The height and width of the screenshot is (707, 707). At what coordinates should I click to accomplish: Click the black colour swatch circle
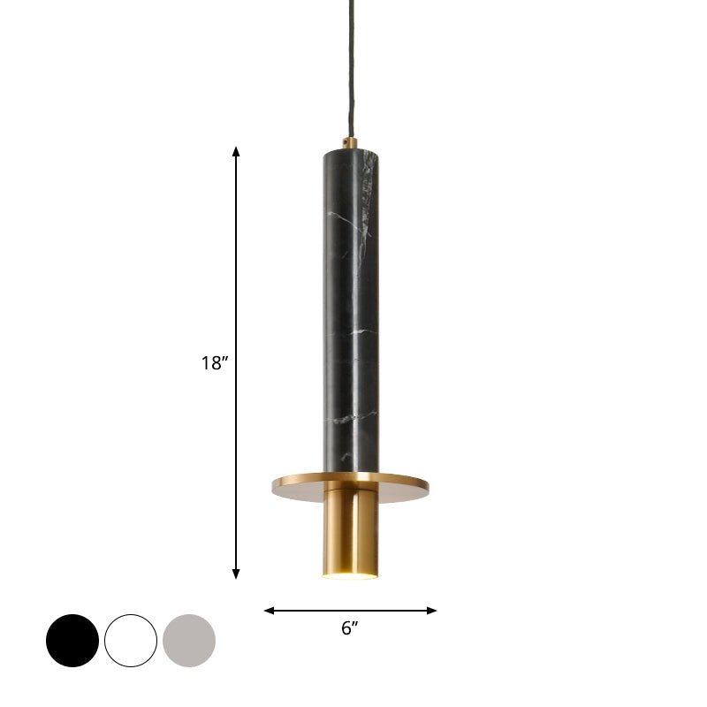coord(72,641)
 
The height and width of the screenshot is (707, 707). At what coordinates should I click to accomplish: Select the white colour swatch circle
coord(131,641)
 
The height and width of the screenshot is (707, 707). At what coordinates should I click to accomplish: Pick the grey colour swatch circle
coord(189,641)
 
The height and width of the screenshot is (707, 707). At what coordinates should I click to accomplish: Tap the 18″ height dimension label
coord(214,362)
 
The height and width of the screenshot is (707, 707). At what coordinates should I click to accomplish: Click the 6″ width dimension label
coord(350,629)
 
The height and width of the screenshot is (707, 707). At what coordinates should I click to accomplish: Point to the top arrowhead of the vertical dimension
coord(236,151)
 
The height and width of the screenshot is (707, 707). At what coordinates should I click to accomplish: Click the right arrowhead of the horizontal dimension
coord(433,610)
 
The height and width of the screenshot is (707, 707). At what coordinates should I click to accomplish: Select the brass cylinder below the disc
coord(350,530)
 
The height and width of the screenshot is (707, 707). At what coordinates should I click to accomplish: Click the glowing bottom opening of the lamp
coord(350,576)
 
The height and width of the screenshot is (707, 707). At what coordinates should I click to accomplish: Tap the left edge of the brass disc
coord(275,483)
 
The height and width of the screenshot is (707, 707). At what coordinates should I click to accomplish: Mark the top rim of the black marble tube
coord(350,152)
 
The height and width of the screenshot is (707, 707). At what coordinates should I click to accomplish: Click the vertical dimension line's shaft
coord(236,265)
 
